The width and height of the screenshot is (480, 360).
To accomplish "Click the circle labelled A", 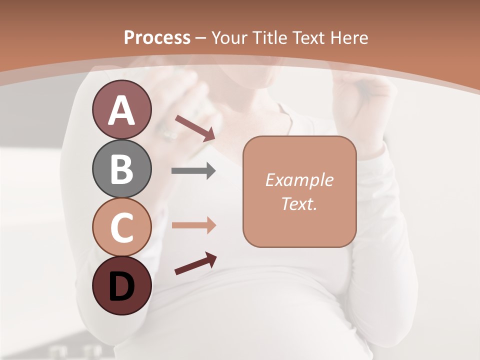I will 121,109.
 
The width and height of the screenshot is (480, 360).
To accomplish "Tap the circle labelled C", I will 121,226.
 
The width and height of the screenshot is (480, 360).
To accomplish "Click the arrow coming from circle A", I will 195,127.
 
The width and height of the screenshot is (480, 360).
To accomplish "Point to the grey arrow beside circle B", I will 193,171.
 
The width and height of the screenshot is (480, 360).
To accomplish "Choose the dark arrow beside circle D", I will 195,263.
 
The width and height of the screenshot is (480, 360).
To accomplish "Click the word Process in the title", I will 157,37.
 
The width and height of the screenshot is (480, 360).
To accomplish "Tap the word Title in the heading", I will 269,37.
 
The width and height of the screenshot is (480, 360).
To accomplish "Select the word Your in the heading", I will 229,37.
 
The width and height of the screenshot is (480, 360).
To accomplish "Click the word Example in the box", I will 299,180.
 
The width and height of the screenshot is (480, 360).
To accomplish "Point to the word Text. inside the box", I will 299,203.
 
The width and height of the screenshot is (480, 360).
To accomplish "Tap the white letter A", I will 121,110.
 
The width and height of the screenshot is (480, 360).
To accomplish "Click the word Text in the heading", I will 309,37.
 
